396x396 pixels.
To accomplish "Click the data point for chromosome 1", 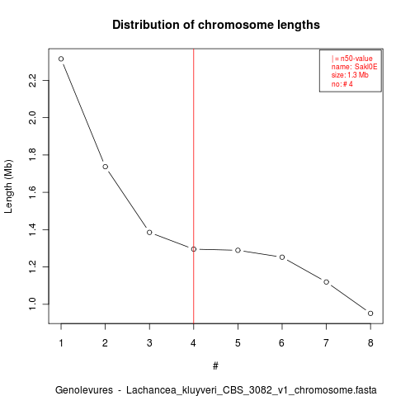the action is (61, 59).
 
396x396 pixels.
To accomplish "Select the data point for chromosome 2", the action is (105, 167).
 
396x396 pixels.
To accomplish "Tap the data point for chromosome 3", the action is (149, 233).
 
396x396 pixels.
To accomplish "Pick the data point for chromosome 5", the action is (238, 250).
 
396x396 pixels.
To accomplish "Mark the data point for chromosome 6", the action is (282, 257).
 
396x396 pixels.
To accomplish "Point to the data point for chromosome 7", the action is (326, 282).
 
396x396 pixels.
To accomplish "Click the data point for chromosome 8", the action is (370, 313).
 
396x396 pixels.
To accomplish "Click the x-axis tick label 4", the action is (193, 343).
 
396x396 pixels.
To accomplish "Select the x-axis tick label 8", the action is (370, 343).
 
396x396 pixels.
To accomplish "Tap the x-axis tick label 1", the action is (61, 343).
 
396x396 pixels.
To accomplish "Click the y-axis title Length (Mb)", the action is (8, 186).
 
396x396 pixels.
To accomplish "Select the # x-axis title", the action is (215, 366).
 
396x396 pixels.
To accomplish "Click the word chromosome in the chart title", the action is (236, 25).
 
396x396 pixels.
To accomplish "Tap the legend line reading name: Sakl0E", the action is (354, 67).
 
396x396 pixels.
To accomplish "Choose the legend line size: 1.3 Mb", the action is (350, 75).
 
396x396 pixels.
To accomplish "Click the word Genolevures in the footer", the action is (84, 390).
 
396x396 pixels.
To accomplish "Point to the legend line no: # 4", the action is (342, 83).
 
